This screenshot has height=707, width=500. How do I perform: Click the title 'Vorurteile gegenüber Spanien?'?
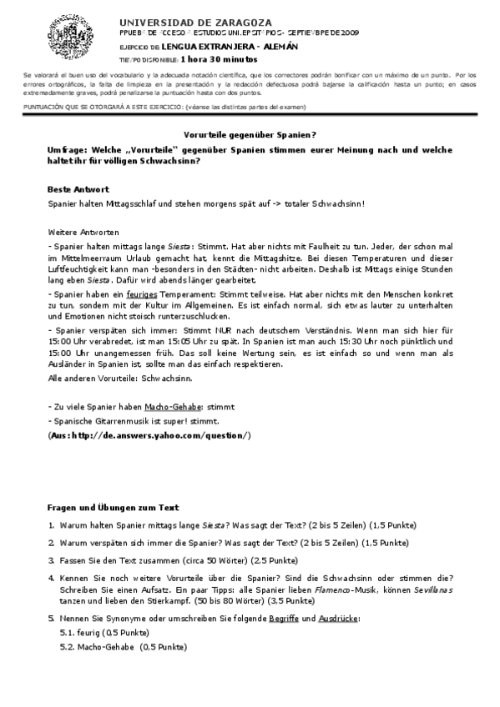point(250,134)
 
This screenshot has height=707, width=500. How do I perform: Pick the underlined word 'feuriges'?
point(144,293)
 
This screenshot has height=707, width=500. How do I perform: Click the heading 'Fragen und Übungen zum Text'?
point(113,507)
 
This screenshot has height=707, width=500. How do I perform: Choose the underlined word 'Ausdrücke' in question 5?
point(339,618)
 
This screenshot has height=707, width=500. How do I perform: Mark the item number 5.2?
point(68,647)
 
